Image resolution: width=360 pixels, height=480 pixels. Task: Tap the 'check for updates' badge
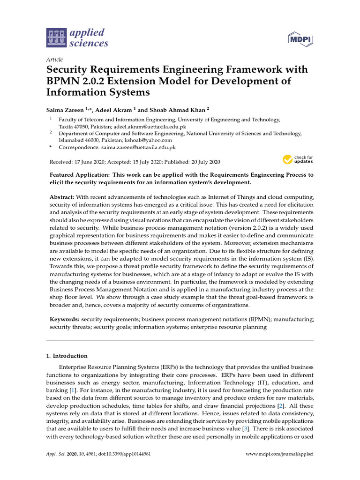tap(298, 160)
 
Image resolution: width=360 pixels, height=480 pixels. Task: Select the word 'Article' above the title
tap(54, 60)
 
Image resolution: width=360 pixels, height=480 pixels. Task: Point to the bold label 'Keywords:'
tap(64, 319)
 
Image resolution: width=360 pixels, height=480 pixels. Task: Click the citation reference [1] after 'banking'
tap(73, 390)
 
